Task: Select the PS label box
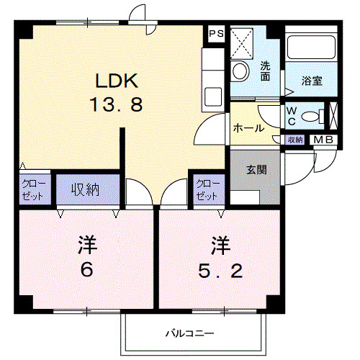pyautogui.click(x=215, y=34)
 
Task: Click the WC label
pyautogui.click(x=292, y=114)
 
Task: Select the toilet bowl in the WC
pyautogui.click(x=311, y=117)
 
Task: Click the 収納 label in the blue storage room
pyautogui.click(x=85, y=190)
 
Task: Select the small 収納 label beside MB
pyautogui.click(x=295, y=140)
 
